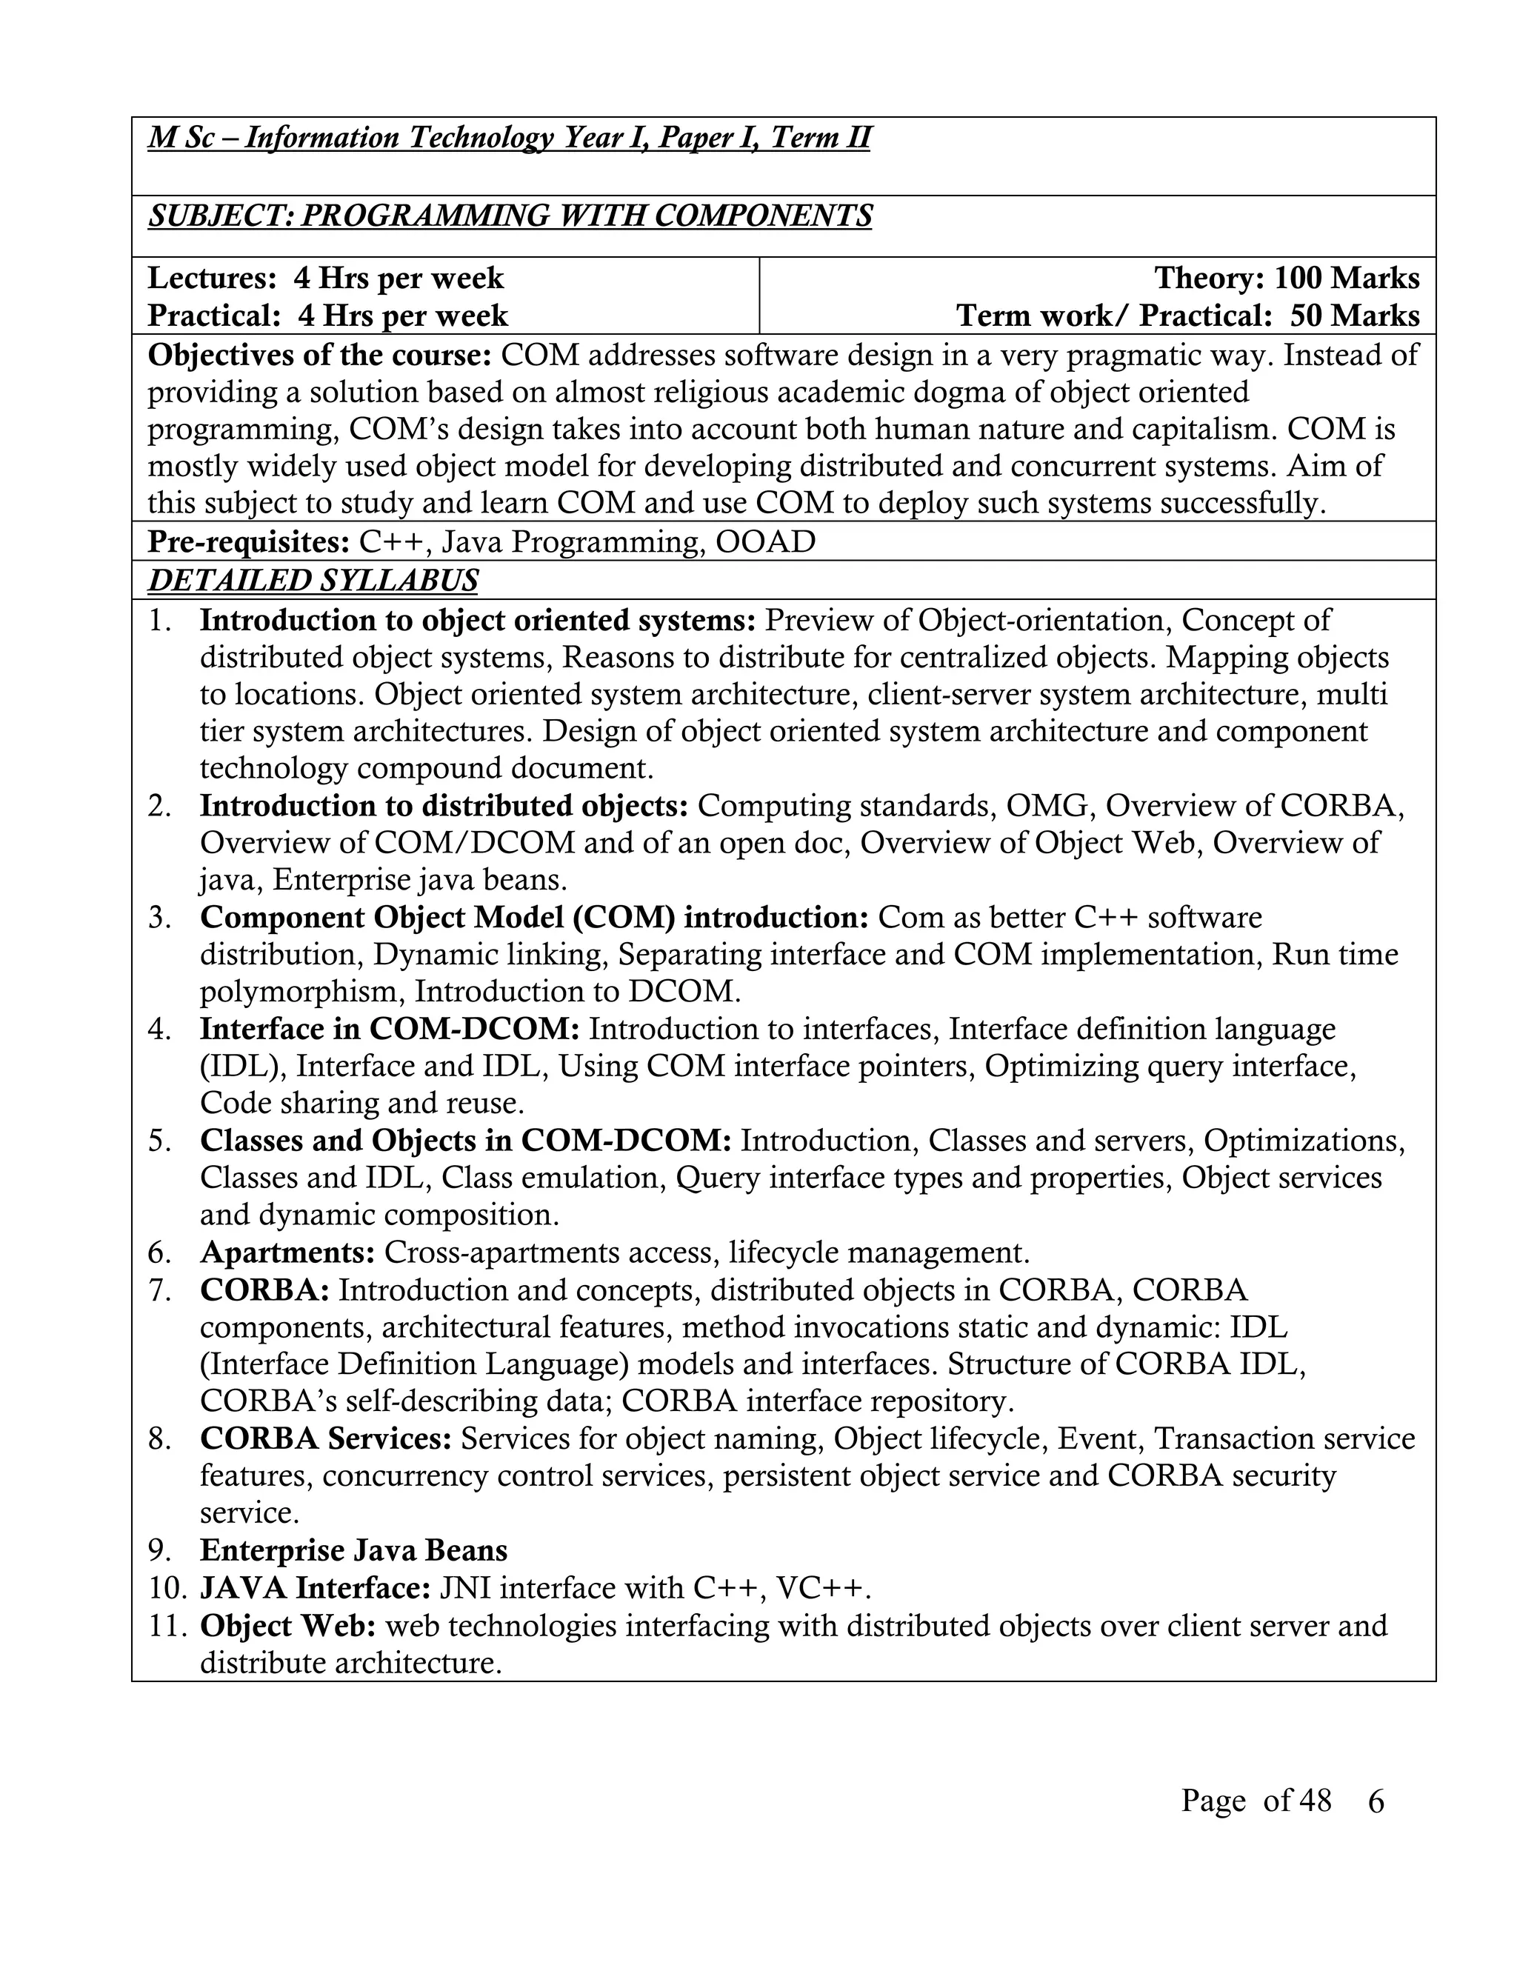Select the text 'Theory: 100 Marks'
[x=1287, y=278]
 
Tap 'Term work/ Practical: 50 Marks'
[x=1187, y=316]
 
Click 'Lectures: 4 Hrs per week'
[x=325, y=278]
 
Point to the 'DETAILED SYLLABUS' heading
[x=313, y=581]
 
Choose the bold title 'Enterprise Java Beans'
[x=353, y=1550]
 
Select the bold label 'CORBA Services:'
[x=326, y=1438]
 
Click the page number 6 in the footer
[x=1376, y=1802]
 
